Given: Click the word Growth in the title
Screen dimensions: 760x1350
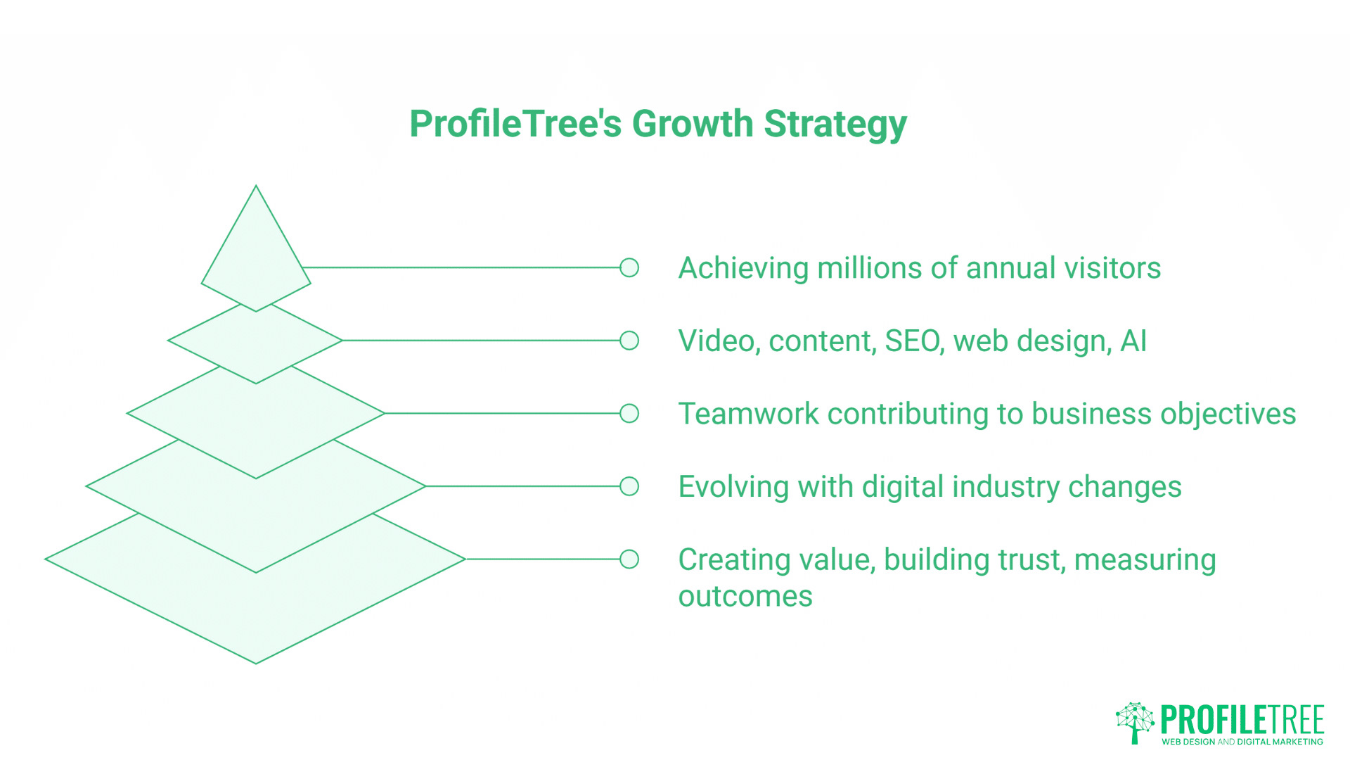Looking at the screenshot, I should [x=693, y=124].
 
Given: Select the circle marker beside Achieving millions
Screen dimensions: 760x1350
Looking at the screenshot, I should [x=629, y=267].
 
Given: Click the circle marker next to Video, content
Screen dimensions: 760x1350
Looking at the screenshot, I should [x=629, y=341].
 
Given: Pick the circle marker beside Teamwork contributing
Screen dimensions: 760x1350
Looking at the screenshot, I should [x=629, y=413].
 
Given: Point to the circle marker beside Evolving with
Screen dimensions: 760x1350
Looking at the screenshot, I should [x=629, y=486].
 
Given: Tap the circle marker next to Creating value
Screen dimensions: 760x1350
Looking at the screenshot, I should [x=629, y=559].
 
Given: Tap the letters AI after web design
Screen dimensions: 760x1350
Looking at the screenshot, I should [x=1133, y=341].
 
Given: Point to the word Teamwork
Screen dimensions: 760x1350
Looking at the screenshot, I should [x=748, y=414].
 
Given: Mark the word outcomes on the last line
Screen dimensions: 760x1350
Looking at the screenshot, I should [x=745, y=597].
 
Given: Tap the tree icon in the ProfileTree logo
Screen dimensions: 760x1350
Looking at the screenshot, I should [x=1135, y=722].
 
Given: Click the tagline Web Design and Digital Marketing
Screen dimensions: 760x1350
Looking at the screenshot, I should [x=1242, y=742].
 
